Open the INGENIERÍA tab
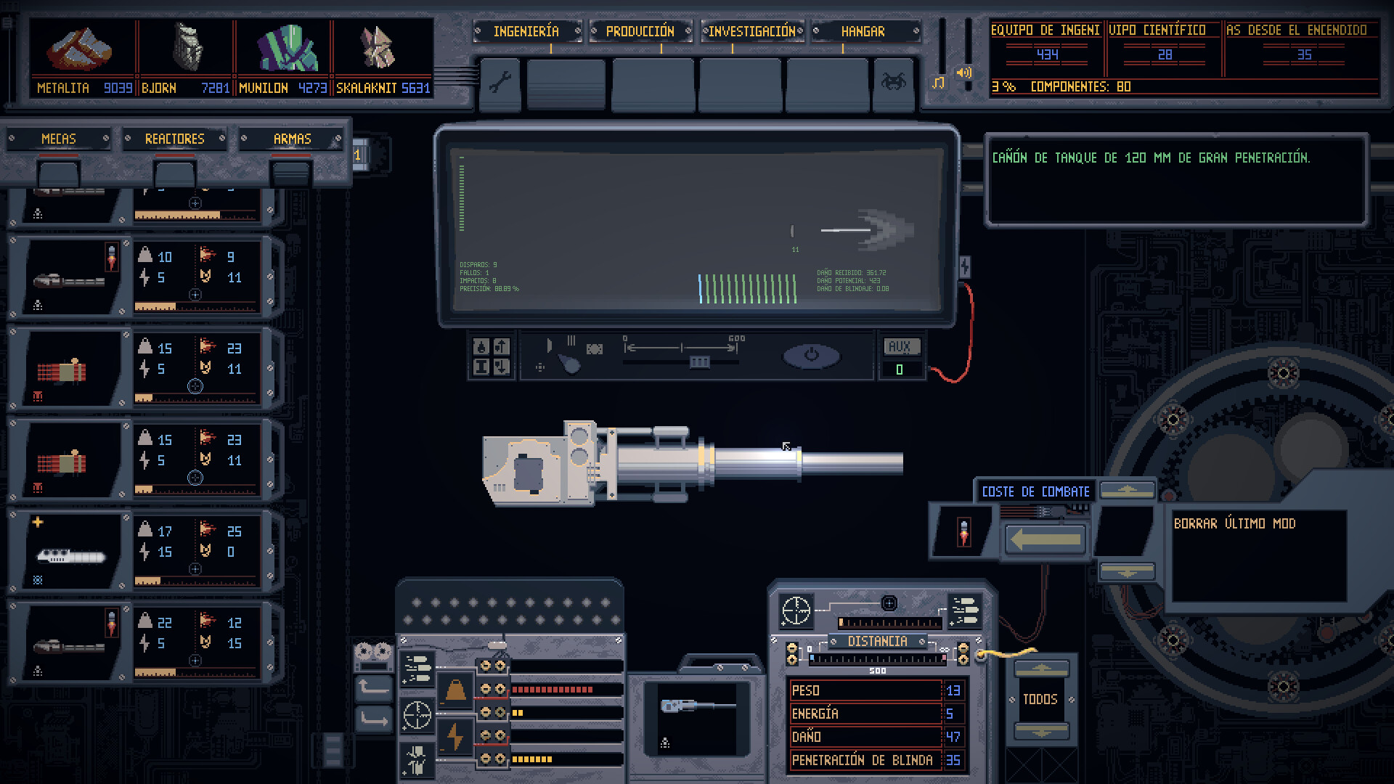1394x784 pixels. tap(526, 31)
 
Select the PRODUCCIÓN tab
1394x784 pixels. tap(640, 31)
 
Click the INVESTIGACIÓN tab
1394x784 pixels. tap(752, 31)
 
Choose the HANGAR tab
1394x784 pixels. tap(863, 31)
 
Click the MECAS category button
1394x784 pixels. tap(59, 139)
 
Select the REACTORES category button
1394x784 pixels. tap(175, 139)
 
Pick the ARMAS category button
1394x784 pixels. tap(292, 139)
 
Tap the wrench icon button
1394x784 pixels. tap(500, 83)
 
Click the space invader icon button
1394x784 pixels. tap(894, 83)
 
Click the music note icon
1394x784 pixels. tap(938, 83)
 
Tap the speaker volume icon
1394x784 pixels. tap(964, 73)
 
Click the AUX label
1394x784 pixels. tap(900, 347)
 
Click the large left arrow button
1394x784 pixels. tap(1045, 540)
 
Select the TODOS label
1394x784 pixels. tap(1040, 699)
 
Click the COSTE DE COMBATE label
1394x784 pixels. tap(1035, 491)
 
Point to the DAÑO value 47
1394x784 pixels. tap(953, 737)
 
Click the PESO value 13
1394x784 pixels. tap(953, 690)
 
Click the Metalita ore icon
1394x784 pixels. tap(79, 50)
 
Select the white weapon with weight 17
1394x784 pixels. tap(70, 556)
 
